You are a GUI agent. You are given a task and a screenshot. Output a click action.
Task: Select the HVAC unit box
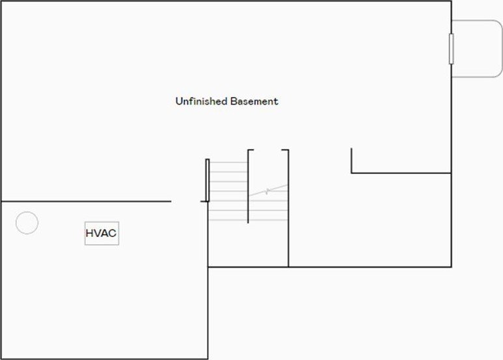102,233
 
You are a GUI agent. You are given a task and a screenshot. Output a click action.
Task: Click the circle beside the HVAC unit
27,223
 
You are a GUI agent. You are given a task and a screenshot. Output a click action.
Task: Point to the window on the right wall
452,49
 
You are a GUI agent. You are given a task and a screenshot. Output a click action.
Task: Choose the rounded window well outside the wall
478,48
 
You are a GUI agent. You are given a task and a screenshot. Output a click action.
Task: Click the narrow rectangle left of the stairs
208,180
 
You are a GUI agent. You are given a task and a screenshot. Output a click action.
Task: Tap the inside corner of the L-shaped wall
352,173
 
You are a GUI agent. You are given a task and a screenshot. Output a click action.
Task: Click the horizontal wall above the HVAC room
85,202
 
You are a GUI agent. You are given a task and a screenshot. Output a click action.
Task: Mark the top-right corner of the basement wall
451,1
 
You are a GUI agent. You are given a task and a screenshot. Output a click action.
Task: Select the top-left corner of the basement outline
1,1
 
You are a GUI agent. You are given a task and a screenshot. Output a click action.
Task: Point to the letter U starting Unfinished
178,102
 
